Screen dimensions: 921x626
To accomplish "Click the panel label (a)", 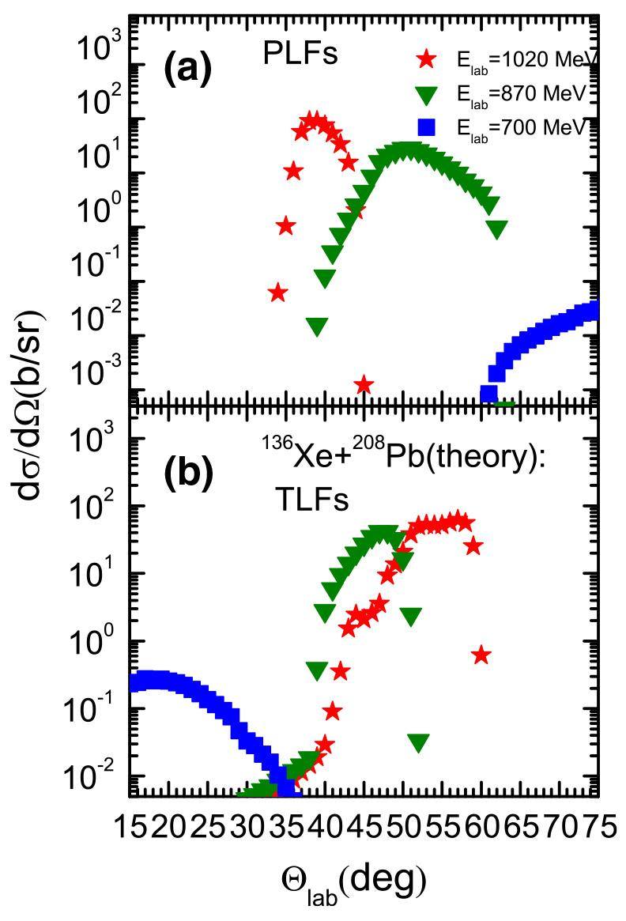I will [188, 70].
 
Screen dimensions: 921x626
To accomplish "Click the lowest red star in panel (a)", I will [364, 385].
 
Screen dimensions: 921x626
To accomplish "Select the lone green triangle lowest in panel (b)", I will [419, 742].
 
